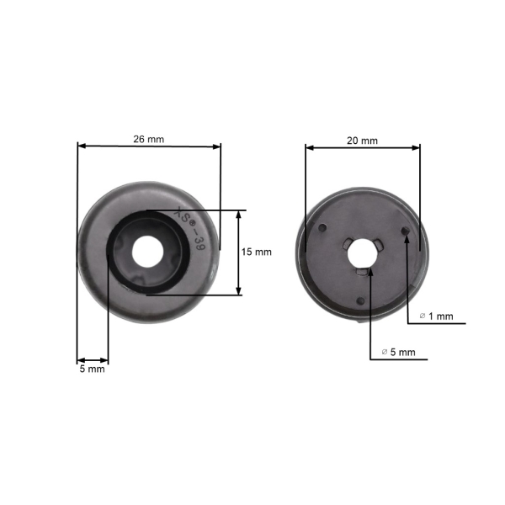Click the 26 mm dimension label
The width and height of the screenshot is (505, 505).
click(148, 140)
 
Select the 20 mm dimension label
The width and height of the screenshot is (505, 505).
click(362, 141)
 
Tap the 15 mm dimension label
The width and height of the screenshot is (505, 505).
click(257, 252)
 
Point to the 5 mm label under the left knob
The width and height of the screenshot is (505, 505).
click(92, 369)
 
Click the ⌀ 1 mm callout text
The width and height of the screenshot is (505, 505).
click(436, 316)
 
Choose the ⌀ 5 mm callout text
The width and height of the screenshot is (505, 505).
click(398, 352)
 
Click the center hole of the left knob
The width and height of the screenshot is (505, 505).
click(147, 252)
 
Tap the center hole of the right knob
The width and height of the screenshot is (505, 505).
click(362, 253)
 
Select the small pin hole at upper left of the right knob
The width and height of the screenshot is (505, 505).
click(322, 228)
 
